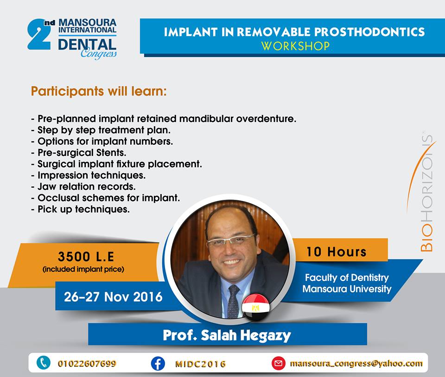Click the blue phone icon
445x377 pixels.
(x=44, y=363)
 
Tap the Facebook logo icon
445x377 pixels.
(x=158, y=364)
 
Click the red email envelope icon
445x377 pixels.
(x=279, y=364)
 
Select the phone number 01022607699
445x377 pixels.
(x=87, y=364)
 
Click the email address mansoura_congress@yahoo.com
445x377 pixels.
(x=356, y=364)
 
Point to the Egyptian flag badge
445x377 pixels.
(x=256, y=307)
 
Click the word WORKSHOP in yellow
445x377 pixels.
(x=295, y=46)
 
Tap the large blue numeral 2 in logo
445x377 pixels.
(x=40, y=35)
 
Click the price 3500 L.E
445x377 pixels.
(x=86, y=256)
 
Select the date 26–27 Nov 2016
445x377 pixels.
(x=113, y=297)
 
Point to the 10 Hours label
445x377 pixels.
(x=337, y=252)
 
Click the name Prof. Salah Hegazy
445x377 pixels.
(x=227, y=335)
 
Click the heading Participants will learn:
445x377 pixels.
(x=99, y=91)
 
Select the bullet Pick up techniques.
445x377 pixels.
(x=80, y=209)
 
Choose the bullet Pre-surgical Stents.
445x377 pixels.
(x=79, y=153)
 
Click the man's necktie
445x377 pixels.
(x=233, y=301)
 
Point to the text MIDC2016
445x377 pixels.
(x=200, y=364)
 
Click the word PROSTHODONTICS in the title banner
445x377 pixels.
(x=369, y=32)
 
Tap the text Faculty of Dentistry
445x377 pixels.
(x=347, y=277)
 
